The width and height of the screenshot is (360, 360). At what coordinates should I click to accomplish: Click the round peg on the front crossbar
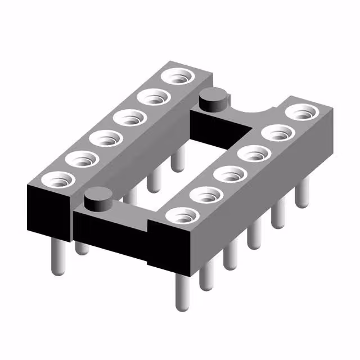pyautogui.click(x=97, y=199)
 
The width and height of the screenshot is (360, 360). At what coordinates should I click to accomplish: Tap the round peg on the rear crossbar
pyautogui.click(x=214, y=98)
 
